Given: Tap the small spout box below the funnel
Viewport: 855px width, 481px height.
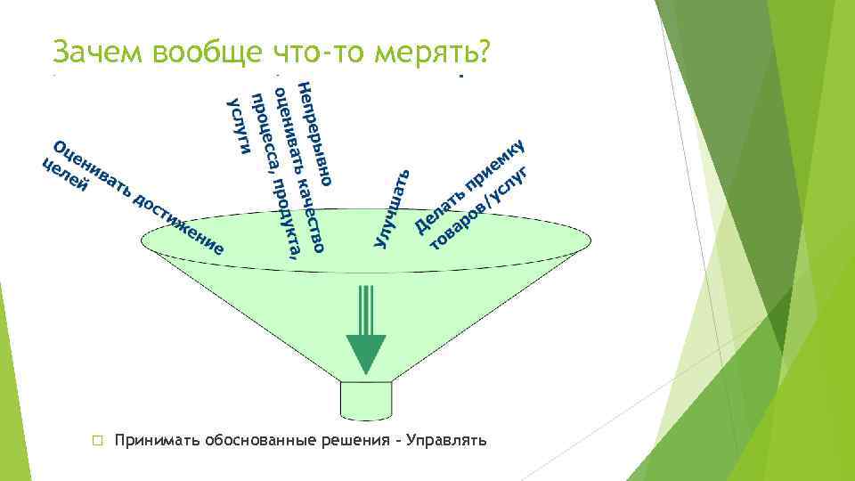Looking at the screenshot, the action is pos(366,400).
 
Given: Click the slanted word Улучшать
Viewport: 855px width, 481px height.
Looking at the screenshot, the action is pos(391,208).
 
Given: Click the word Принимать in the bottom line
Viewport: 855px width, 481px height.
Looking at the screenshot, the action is pos(157,441).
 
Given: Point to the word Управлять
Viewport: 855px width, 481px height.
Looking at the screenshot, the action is pos(446,441).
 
